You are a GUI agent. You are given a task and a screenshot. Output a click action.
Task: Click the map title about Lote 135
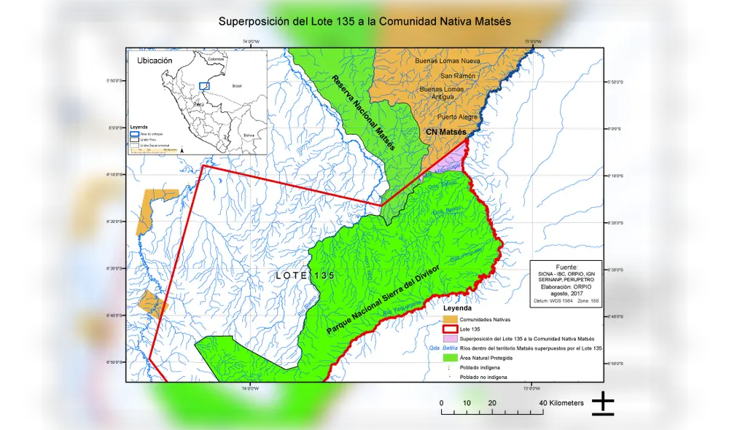(364, 21)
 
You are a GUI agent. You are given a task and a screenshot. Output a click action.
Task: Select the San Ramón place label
(458, 76)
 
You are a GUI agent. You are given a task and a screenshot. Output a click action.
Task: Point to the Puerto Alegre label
(457, 117)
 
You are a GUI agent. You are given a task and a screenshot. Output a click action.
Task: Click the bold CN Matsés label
(445, 132)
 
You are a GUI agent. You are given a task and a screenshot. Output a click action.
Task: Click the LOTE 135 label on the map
(305, 275)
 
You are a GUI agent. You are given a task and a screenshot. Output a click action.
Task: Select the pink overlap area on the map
(453, 160)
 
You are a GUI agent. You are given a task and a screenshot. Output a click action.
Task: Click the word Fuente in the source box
(566, 267)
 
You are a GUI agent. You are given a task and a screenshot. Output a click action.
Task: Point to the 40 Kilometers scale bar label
(561, 403)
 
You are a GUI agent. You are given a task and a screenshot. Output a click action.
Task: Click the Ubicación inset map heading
(155, 60)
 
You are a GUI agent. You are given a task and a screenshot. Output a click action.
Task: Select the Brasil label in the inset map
(236, 86)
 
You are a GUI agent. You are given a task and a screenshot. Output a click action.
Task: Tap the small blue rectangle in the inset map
(205, 86)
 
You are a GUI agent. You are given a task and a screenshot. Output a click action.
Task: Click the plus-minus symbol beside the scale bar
(602, 404)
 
